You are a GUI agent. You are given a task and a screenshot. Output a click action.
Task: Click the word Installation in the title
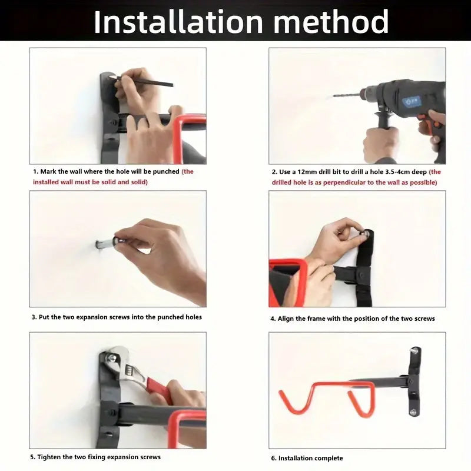[x=178, y=22]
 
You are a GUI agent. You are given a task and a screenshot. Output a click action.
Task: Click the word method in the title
[x=331, y=22]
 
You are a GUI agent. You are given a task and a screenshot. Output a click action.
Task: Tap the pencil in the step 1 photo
[x=141, y=81]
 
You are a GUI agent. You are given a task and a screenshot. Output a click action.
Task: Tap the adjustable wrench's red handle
[x=158, y=390]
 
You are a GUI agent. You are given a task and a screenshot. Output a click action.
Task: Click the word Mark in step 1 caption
[x=48, y=171]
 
